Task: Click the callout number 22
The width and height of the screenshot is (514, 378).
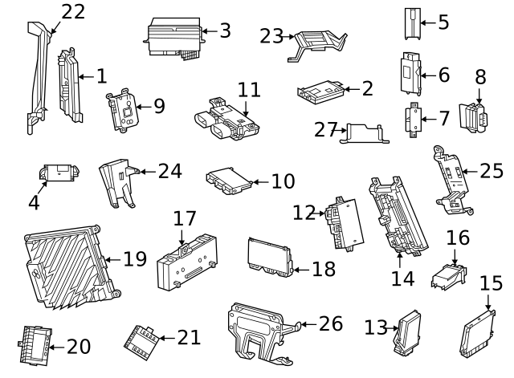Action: click(x=73, y=11)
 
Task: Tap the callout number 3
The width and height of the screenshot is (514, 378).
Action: click(x=225, y=31)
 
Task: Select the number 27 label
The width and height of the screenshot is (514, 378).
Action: click(x=323, y=128)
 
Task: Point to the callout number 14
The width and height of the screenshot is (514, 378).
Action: click(x=402, y=278)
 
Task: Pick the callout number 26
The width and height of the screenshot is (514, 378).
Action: click(x=330, y=323)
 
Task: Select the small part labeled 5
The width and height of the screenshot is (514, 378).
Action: click(x=411, y=23)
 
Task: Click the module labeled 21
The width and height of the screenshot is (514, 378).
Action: click(x=143, y=339)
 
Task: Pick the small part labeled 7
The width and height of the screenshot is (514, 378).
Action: click(x=413, y=119)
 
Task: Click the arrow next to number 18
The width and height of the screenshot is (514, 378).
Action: click(x=297, y=269)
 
